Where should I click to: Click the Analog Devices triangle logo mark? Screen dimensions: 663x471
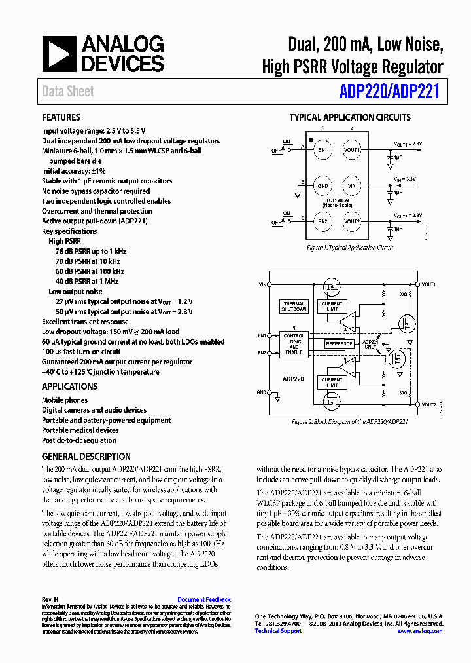(x=60, y=54)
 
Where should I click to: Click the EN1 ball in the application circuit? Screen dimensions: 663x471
(x=323, y=150)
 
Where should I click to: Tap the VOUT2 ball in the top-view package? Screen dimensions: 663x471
(x=352, y=221)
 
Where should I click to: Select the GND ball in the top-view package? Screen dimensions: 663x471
(x=323, y=186)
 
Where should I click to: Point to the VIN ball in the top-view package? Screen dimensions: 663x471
(x=352, y=186)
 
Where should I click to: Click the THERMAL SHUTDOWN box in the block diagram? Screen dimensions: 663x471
(x=294, y=307)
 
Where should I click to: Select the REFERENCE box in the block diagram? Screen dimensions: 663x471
(x=339, y=343)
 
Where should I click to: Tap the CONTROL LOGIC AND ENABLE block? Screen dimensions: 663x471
(x=294, y=345)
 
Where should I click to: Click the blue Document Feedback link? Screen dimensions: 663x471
(x=204, y=599)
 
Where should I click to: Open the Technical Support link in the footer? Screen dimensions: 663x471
(x=278, y=631)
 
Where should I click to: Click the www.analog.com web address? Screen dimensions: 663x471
(x=420, y=631)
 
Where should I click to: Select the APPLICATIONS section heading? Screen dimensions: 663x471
(x=70, y=387)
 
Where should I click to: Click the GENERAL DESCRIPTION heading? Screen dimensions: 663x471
(x=86, y=457)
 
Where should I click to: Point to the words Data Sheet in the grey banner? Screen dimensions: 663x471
(x=68, y=92)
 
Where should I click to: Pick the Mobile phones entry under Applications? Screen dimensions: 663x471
(x=65, y=400)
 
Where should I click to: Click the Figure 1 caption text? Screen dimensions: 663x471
(x=350, y=248)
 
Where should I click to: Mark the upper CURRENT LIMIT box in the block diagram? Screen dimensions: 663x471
(x=332, y=306)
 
